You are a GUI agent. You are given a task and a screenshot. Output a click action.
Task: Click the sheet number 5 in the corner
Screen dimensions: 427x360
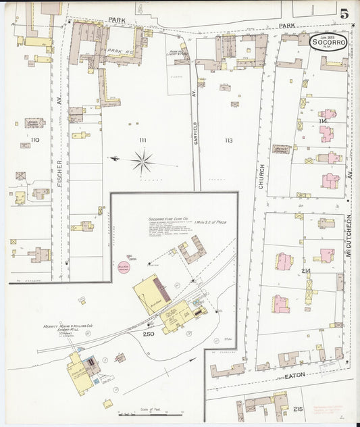344,14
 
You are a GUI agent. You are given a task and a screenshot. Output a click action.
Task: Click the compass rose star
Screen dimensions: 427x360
143,161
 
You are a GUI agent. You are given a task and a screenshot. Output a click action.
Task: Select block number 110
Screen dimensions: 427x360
34,140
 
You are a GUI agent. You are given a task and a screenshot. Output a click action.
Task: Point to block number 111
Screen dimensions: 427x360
143,140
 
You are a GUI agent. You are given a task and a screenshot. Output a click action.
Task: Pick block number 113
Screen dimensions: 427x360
228,141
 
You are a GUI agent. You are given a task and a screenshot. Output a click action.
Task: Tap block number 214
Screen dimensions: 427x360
306,271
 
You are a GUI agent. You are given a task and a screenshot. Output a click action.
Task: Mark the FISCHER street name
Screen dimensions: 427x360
59,172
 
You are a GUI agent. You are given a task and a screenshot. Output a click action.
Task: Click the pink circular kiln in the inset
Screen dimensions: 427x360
124,266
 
